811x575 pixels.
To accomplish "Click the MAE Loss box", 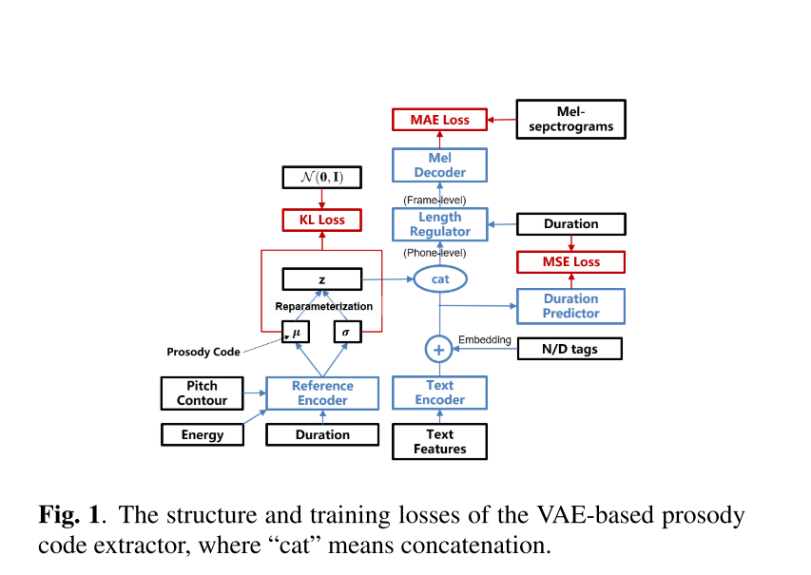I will point(440,120).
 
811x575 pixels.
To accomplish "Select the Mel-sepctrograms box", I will point(570,120).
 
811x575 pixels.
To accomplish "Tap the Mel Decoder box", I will point(440,165).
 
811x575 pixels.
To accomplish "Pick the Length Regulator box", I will point(440,224).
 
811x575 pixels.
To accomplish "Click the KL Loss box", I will point(322,220).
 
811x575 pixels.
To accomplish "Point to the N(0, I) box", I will point(322,177).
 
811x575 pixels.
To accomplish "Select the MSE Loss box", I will point(570,261).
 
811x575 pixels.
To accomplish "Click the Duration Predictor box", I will point(570,305).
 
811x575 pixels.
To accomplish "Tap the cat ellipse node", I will point(440,278).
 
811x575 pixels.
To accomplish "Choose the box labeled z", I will point(322,278).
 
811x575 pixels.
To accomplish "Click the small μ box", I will point(296,332).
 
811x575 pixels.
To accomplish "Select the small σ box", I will point(348,332).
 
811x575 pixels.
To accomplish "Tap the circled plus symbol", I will point(439,350).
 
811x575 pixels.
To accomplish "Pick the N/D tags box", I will point(570,349).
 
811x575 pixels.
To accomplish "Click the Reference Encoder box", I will point(322,393).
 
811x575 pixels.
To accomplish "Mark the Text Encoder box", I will point(440,393).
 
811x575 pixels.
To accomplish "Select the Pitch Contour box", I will point(202,393).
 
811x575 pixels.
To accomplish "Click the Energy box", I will point(202,434).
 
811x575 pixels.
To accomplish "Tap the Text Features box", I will point(440,442).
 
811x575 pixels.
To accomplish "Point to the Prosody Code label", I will point(203,352).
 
